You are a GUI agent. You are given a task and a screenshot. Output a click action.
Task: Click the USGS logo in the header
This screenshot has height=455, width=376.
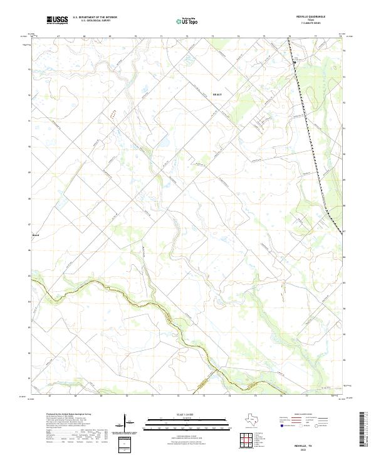pos(57,20)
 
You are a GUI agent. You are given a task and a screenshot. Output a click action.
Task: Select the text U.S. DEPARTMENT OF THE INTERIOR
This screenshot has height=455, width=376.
pos(95,17)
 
